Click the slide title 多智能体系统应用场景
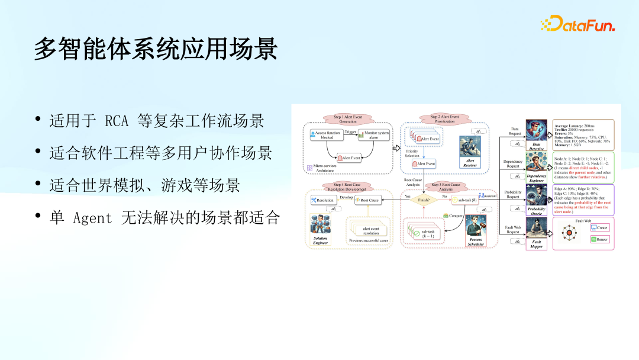tap(156, 50)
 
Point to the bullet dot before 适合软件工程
tap(38, 154)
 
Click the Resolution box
tap(322, 200)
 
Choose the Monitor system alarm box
tap(374, 135)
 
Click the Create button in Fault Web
tap(599, 227)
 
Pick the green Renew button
tap(599, 239)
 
